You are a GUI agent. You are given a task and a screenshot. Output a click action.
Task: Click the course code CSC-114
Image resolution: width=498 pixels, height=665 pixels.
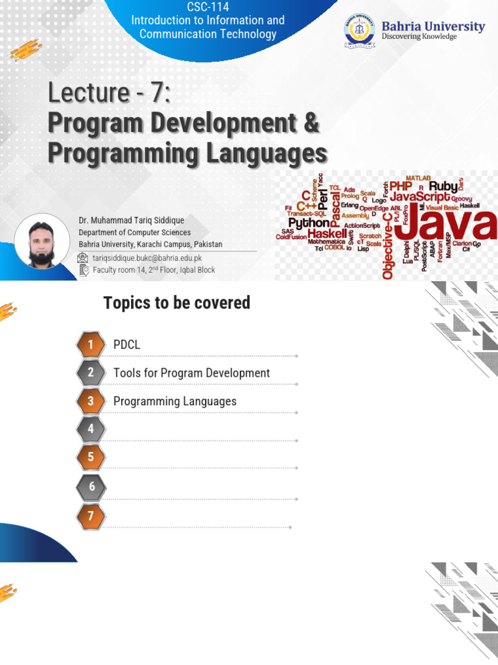(x=207, y=7)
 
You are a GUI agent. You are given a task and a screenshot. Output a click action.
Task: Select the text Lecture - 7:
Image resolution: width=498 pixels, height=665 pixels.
(x=110, y=94)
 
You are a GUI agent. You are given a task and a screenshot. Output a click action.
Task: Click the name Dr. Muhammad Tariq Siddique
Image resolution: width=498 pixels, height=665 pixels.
(x=131, y=221)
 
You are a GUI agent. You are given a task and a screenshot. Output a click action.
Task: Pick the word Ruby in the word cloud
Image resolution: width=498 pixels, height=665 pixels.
(x=444, y=186)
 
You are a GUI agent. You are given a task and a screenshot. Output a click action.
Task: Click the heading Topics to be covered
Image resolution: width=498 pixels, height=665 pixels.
(x=176, y=303)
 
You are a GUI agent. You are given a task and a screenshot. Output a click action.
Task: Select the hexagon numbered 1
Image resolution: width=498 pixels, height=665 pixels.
(x=91, y=345)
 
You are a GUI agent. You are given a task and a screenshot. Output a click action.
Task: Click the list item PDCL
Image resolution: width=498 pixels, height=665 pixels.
(x=126, y=345)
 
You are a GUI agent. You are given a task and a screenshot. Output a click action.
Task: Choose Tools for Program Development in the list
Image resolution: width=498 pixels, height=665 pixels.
(x=191, y=373)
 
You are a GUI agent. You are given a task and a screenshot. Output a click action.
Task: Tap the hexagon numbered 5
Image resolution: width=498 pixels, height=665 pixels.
(x=91, y=457)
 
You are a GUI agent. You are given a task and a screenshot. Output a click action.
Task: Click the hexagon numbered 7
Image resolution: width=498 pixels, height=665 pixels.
(x=91, y=516)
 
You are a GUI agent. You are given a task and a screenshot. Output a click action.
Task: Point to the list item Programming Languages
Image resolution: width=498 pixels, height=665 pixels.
(x=174, y=401)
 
